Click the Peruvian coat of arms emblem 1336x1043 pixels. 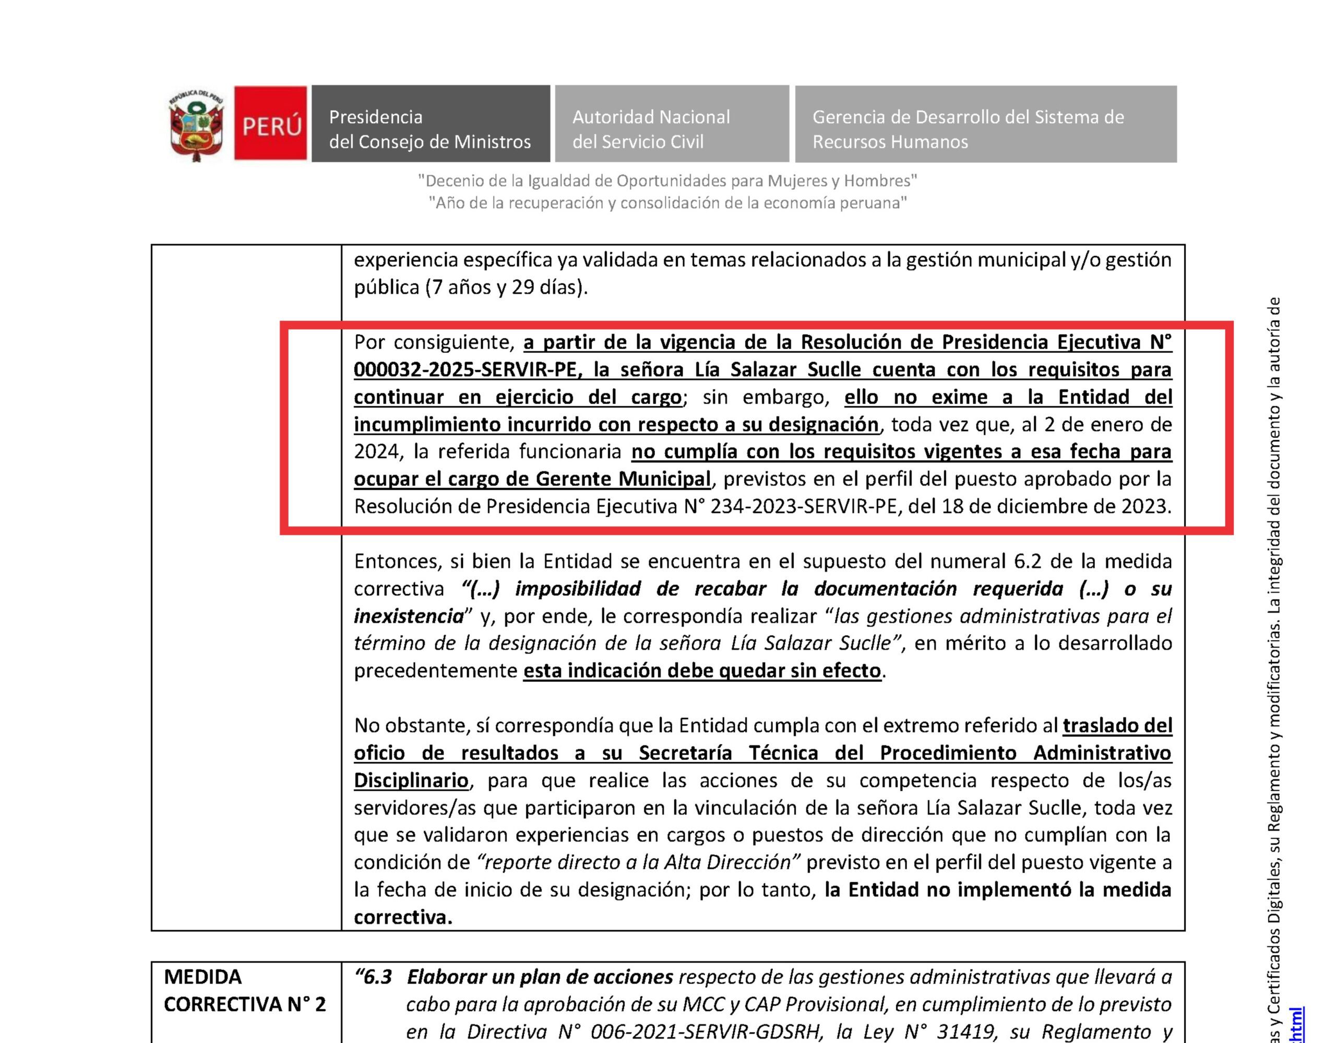196,125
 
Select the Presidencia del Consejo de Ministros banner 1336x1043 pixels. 430,124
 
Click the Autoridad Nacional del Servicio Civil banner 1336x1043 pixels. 671,124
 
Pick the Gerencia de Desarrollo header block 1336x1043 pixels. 985,124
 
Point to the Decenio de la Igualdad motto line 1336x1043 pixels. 667,181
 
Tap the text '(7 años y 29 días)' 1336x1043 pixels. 507,287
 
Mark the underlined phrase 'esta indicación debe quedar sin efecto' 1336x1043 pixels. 701,671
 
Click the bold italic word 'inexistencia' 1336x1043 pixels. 409,617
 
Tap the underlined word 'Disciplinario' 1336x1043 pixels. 411,781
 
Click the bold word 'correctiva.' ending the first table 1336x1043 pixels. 402,918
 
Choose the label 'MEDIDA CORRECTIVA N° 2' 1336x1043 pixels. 244,991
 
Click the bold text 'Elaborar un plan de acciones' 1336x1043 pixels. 540,978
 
